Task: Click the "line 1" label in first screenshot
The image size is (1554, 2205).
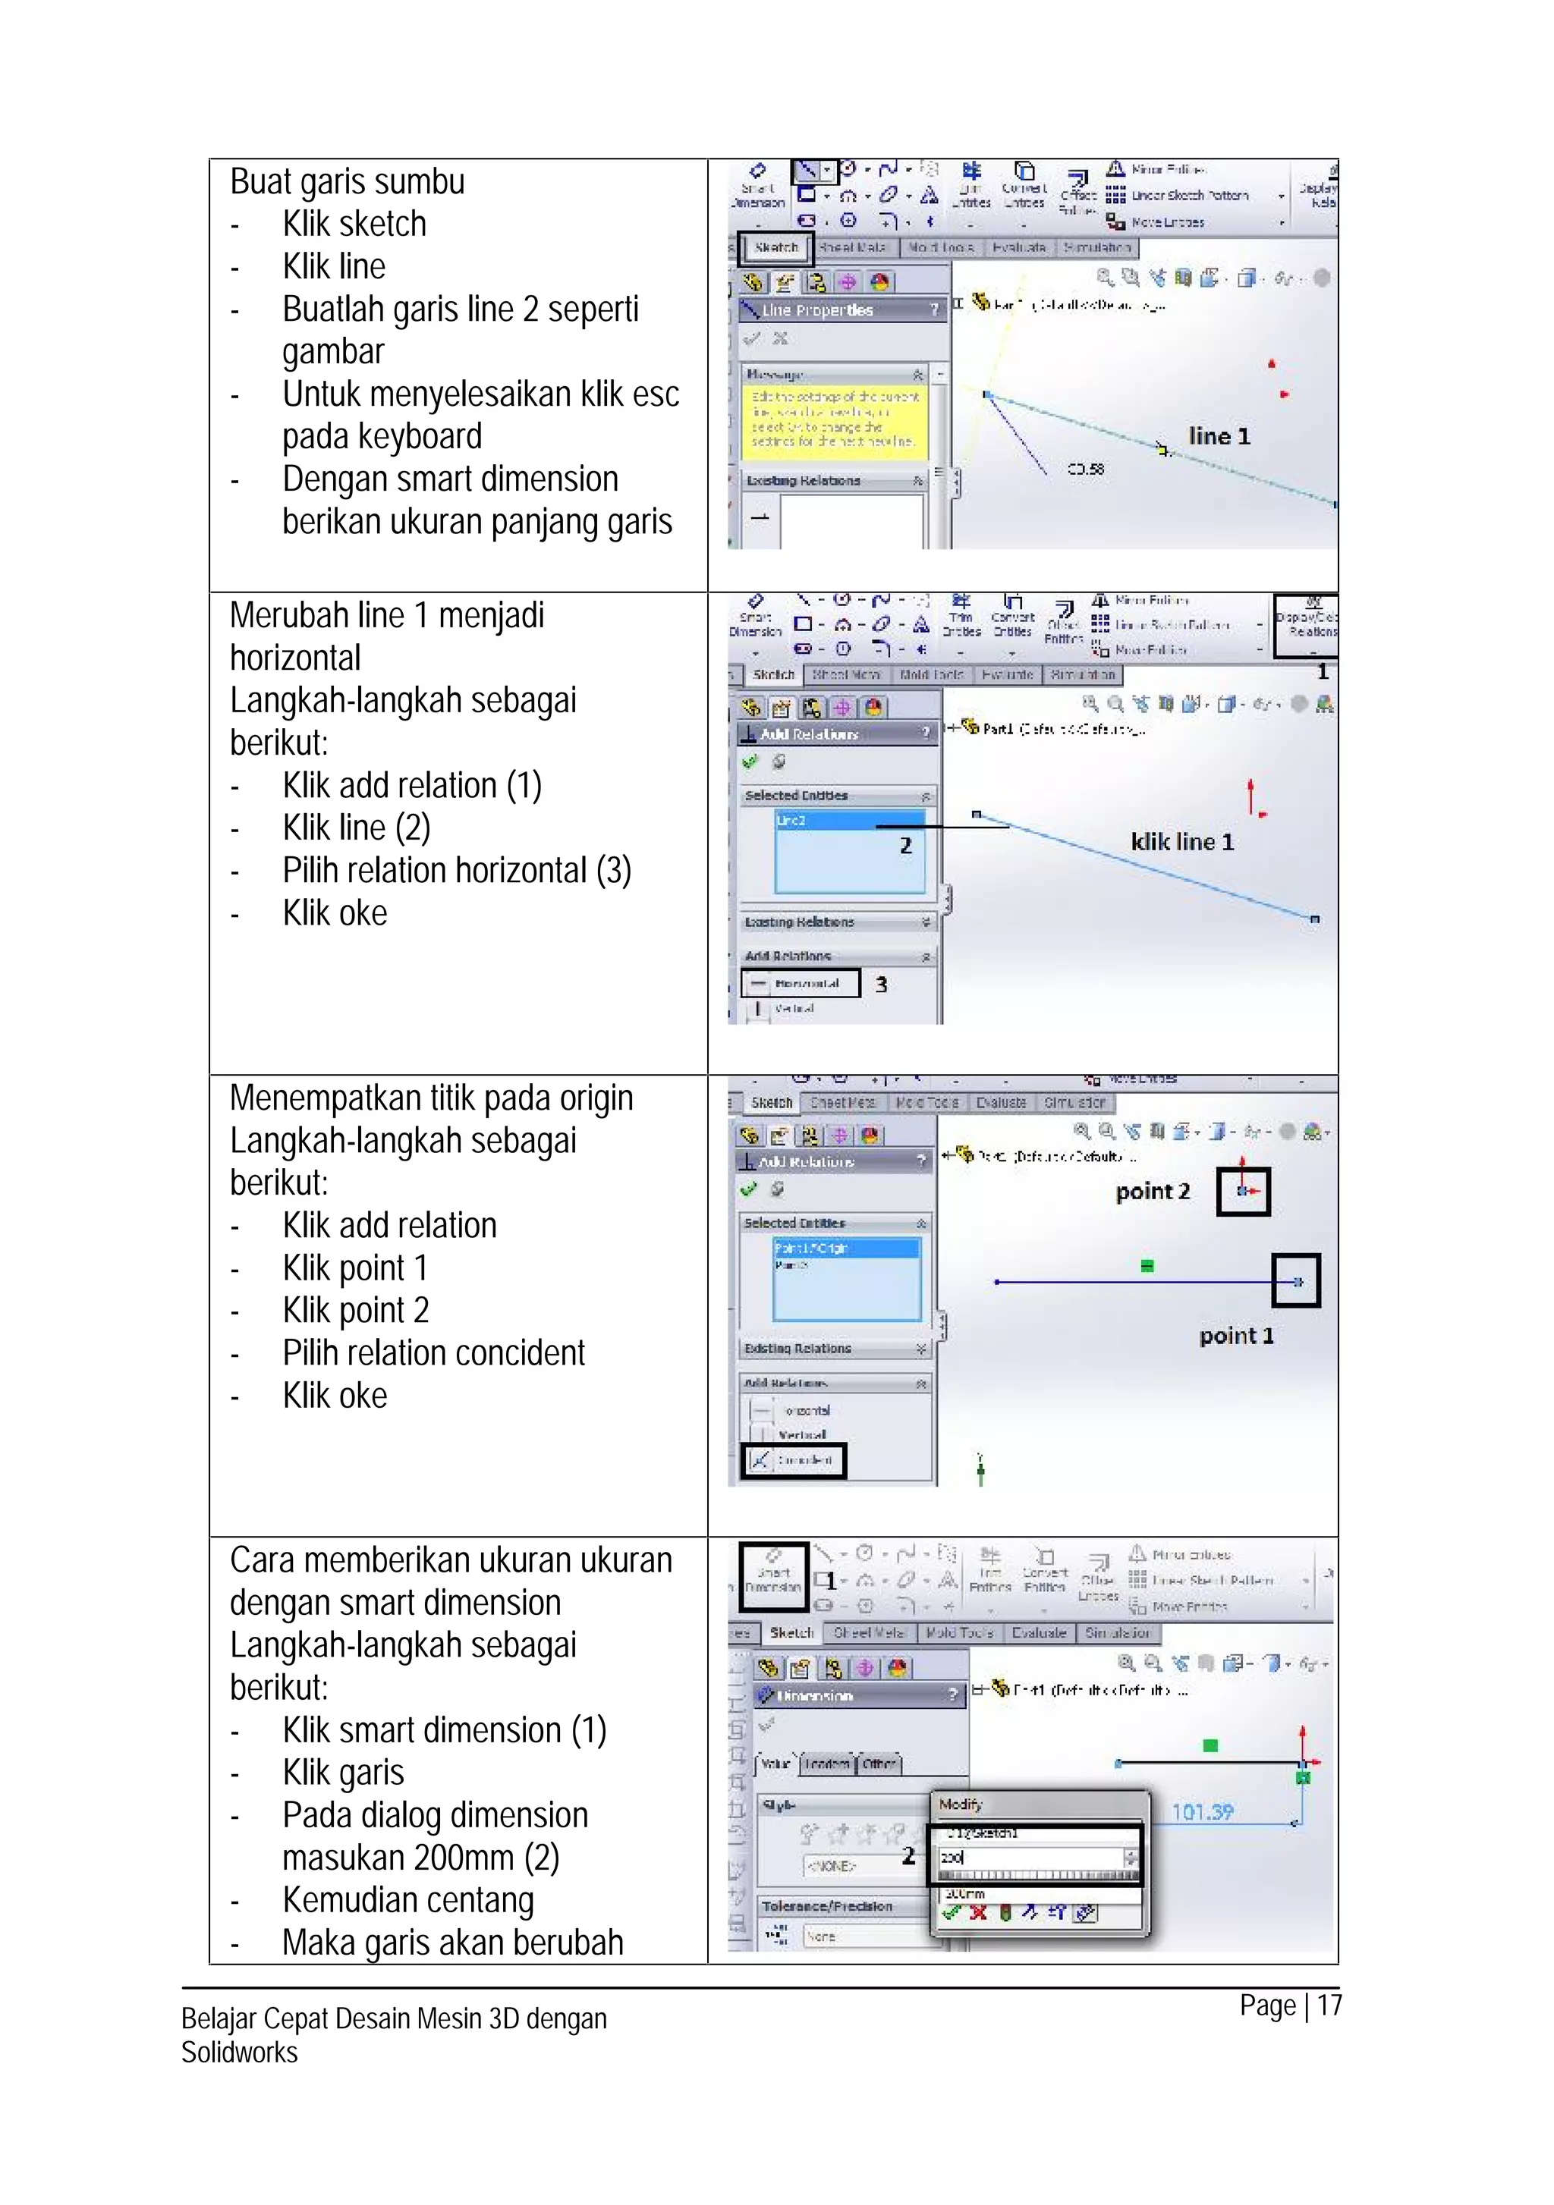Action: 1219,436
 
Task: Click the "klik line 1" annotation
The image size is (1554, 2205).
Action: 1181,842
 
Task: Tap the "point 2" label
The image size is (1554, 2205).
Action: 1153,1192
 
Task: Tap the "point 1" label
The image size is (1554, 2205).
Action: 1236,1336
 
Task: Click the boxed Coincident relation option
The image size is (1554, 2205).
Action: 794,1459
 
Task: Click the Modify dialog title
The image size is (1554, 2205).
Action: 961,1805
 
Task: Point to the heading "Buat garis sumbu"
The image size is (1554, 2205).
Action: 347,181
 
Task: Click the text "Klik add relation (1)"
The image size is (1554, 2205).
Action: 412,786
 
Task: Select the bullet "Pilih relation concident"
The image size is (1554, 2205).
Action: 433,1353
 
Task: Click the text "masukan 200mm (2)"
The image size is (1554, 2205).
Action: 420,1858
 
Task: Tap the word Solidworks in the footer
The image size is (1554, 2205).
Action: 239,2053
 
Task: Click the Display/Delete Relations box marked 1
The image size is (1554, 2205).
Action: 1306,625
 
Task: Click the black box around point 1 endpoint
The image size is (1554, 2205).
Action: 1296,1281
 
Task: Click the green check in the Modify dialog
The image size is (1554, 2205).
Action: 951,1913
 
